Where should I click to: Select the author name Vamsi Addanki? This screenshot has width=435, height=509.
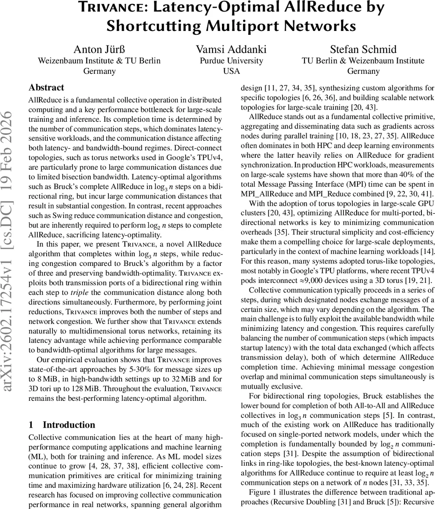[x=231, y=50]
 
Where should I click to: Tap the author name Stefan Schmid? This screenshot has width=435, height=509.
[x=363, y=50]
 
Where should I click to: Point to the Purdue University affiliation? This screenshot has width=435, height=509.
[x=231, y=61]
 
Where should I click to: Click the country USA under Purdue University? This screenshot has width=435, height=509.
[x=231, y=71]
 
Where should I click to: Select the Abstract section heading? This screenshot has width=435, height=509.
[x=46, y=88]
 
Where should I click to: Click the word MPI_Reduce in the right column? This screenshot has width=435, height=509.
[x=341, y=194]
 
